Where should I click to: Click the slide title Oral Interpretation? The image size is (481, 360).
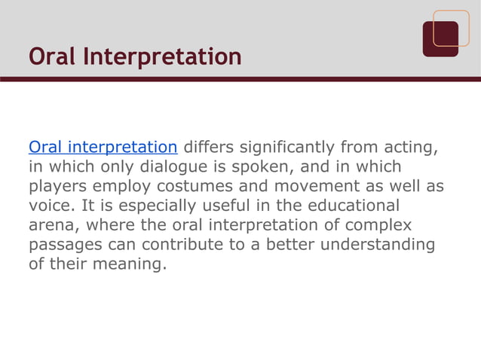(135, 56)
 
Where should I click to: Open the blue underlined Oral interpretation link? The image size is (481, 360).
(103, 145)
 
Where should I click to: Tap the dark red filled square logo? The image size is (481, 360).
(440, 39)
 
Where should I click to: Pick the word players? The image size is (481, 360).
(57, 185)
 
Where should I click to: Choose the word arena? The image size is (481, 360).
(51, 224)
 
